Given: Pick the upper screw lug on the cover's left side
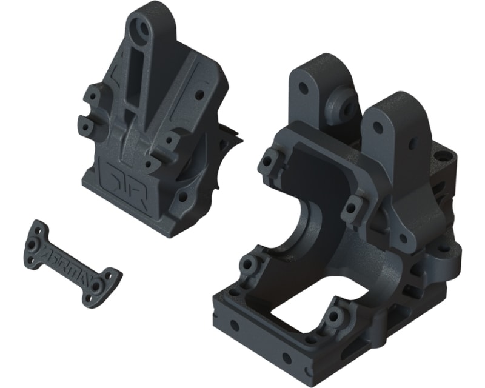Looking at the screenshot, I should (92, 96).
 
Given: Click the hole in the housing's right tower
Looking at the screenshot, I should (378, 127).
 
